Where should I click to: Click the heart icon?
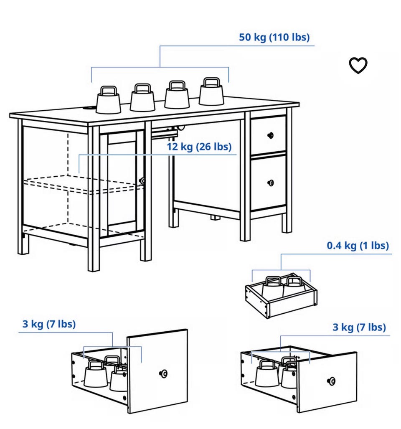358,66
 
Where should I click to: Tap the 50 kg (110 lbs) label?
274,37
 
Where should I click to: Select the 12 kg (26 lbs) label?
199,147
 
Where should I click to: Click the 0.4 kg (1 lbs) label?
358,246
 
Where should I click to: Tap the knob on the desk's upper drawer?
271,135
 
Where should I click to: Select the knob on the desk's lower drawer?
271,183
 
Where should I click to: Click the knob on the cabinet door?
142,181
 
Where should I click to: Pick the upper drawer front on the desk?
268,135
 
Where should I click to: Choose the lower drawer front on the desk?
268,183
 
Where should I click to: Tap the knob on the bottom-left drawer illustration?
163,373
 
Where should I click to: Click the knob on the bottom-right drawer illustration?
331,381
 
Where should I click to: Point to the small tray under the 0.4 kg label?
281,295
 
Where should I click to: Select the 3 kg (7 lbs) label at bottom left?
49,324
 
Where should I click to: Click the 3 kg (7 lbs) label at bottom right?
359,327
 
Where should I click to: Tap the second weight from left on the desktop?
142,98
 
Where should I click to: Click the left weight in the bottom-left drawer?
96,374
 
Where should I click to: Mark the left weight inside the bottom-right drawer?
267,373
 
